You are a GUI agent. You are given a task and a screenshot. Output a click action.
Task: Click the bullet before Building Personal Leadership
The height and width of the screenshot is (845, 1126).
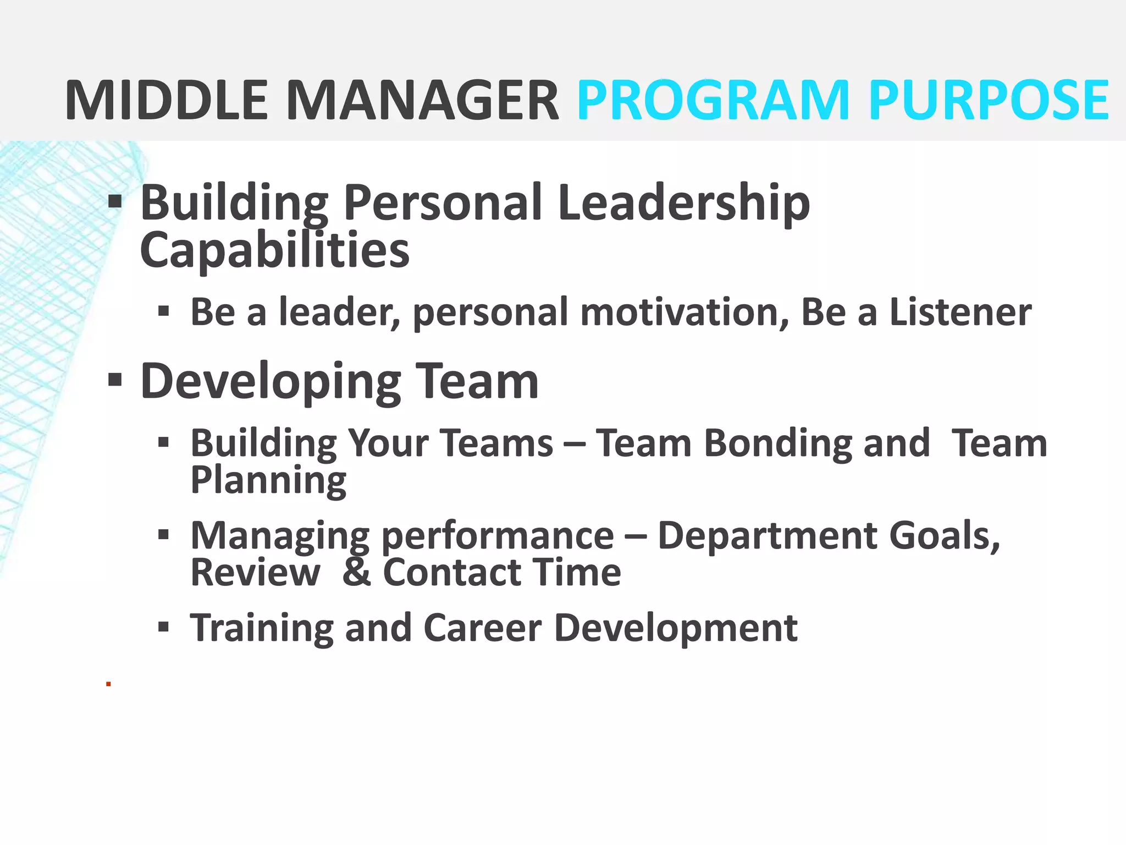(x=115, y=202)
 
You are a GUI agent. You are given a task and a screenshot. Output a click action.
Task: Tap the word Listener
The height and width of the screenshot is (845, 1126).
(x=960, y=312)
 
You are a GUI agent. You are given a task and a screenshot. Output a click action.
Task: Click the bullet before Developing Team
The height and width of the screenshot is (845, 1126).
(x=115, y=380)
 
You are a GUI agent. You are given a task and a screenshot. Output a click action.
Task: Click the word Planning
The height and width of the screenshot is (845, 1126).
(x=268, y=480)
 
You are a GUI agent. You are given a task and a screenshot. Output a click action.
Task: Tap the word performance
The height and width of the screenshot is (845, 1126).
(x=498, y=536)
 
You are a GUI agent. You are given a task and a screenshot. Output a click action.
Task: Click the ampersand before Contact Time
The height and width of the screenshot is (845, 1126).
(x=356, y=572)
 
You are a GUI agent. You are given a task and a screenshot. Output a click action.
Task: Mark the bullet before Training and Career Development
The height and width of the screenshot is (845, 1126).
(x=163, y=627)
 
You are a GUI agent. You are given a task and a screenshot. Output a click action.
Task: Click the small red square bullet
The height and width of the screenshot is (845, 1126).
(x=109, y=684)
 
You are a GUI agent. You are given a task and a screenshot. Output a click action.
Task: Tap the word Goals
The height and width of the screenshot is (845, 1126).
(x=944, y=536)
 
